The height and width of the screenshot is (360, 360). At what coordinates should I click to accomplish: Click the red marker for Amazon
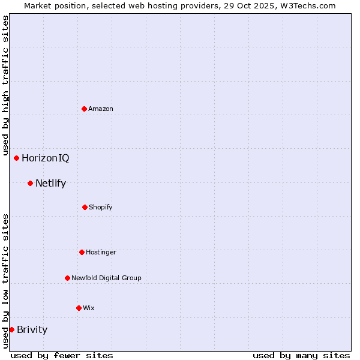[84, 109]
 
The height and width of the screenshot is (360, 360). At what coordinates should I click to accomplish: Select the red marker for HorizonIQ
[16, 158]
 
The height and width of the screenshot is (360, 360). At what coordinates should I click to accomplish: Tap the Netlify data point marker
[30, 183]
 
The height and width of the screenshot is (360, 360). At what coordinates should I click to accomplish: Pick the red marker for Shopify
[85, 207]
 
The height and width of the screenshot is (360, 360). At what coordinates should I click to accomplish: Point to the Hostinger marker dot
[82, 252]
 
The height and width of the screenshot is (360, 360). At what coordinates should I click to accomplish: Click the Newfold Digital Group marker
[67, 278]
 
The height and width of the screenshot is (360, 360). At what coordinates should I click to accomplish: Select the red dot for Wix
[79, 308]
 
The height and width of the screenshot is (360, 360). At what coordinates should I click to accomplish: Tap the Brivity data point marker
[11, 329]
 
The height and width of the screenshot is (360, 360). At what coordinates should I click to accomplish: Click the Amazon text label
[101, 109]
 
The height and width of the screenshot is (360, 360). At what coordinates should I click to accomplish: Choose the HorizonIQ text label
[46, 158]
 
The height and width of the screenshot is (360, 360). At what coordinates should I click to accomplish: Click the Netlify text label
[51, 183]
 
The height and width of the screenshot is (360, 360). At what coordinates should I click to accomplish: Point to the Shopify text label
[101, 207]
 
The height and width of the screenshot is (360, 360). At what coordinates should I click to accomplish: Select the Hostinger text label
[101, 252]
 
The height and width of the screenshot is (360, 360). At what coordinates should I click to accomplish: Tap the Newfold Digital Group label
[107, 278]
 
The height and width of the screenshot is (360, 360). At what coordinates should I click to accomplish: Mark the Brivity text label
[32, 329]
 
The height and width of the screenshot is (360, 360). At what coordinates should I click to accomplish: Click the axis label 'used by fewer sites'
[62, 355]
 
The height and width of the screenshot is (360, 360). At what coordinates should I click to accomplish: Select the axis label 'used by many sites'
[301, 355]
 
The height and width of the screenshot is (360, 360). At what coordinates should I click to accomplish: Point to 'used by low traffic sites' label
[5, 281]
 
